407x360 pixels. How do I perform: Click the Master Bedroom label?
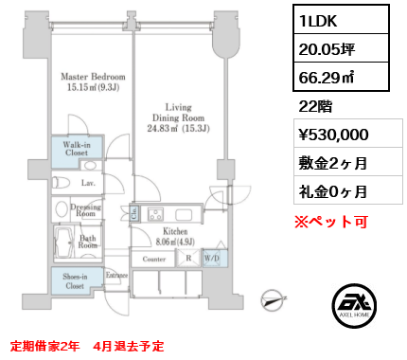[x=93, y=77]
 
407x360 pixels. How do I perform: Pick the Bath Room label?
[x=89, y=243]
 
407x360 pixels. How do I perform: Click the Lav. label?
[x=87, y=182]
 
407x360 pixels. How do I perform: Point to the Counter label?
[x=155, y=256]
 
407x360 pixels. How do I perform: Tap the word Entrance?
[x=117, y=275]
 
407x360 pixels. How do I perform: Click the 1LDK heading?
[x=320, y=21]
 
